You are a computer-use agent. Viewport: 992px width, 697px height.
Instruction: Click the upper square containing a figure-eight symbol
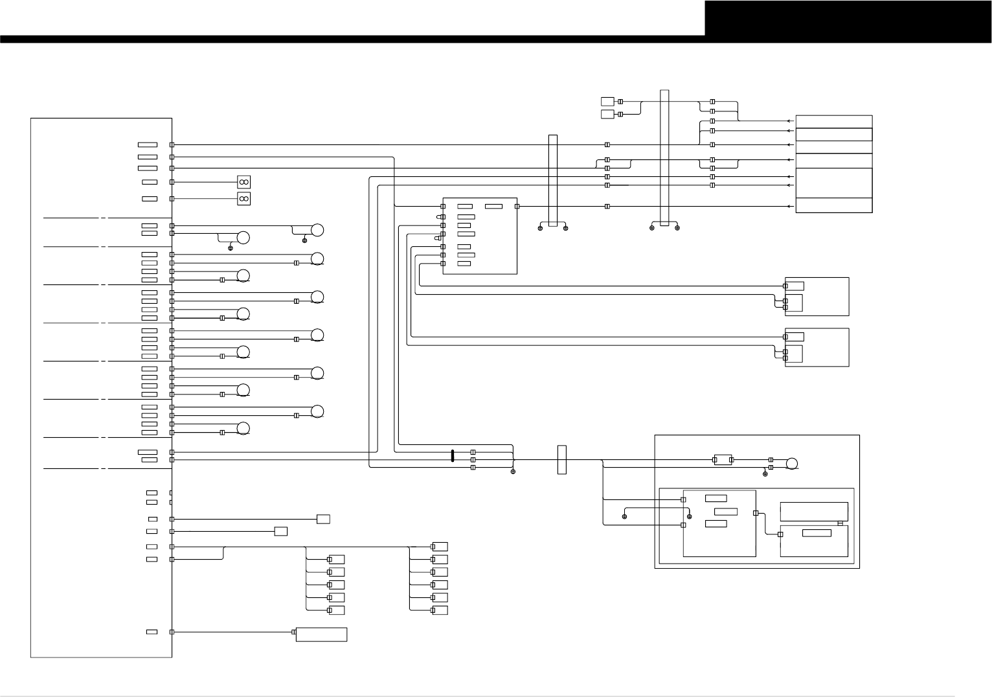[x=244, y=182]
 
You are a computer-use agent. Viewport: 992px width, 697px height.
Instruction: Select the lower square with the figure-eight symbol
[x=244, y=199]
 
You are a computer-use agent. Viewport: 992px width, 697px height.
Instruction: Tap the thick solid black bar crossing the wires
[x=453, y=455]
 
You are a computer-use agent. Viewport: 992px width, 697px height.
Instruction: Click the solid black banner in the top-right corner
[x=848, y=18]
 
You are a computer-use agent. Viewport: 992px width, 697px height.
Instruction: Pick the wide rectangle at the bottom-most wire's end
[x=321, y=634]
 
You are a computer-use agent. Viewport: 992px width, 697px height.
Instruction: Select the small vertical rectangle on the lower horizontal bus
[x=561, y=459]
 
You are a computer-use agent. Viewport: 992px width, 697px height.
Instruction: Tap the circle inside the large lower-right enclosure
[x=791, y=463]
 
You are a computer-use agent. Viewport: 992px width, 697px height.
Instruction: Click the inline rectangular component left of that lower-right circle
[x=723, y=460]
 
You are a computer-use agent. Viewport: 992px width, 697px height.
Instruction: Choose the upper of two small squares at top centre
[x=607, y=101]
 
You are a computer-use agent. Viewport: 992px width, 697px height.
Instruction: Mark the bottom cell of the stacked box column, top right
[x=834, y=205]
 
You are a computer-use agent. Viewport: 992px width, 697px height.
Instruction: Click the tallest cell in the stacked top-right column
[x=834, y=183]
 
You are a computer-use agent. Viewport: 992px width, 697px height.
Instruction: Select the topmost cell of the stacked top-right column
[x=834, y=122]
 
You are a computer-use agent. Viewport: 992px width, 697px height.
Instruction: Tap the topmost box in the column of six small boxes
[x=440, y=547]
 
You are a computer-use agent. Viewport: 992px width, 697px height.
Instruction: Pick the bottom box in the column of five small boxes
[x=336, y=610]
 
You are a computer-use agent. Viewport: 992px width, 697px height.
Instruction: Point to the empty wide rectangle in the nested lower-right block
[x=814, y=511]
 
